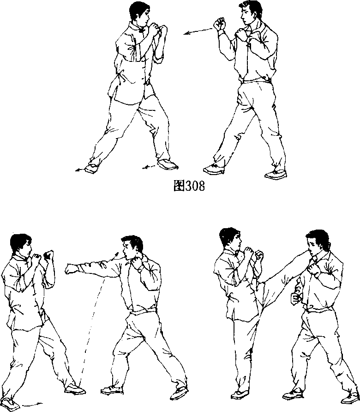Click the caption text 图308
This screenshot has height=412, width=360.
coord(189,186)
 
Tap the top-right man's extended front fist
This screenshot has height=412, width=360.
coord(220,24)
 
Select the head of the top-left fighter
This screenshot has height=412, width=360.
coord(140,14)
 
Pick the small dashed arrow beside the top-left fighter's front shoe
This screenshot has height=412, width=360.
coord(149,167)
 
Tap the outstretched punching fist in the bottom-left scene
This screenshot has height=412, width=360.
coord(71,269)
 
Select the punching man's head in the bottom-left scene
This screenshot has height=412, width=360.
coord(132,248)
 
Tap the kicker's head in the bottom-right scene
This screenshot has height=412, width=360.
coord(230,239)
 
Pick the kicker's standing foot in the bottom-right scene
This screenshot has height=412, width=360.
coord(240,394)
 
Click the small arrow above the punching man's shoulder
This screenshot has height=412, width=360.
coord(115,256)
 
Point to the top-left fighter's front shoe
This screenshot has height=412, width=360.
coord(168,164)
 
